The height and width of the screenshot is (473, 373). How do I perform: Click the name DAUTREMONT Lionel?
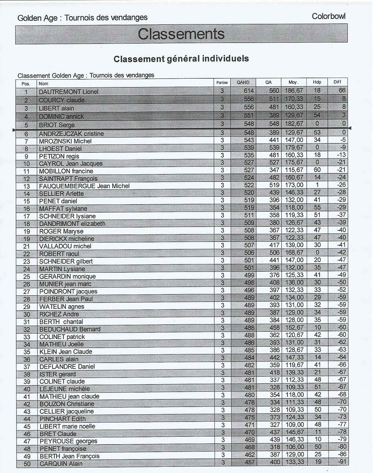(x=68, y=92)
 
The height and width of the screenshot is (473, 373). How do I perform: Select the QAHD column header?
(x=243, y=82)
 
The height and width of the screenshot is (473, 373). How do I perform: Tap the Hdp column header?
(x=317, y=82)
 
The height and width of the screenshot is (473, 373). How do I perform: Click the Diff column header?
(x=337, y=82)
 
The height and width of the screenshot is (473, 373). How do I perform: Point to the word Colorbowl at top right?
(x=329, y=16)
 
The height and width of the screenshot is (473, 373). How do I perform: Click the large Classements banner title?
(x=181, y=34)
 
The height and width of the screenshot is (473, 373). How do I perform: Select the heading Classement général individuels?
(x=181, y=59)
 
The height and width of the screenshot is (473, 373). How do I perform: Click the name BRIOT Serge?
(x=57, y=125)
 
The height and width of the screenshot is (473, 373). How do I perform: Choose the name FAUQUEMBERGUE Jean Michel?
(x=84, y=186)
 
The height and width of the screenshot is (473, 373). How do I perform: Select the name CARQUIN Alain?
(x=61, y=464)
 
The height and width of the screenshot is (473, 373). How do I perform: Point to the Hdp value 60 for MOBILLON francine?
(x=317, y=170)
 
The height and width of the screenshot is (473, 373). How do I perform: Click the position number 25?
(x=27, y=276)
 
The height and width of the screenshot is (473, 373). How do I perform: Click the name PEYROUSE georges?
(x=68, y=441)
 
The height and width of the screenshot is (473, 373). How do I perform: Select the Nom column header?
(x=43, y=83)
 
